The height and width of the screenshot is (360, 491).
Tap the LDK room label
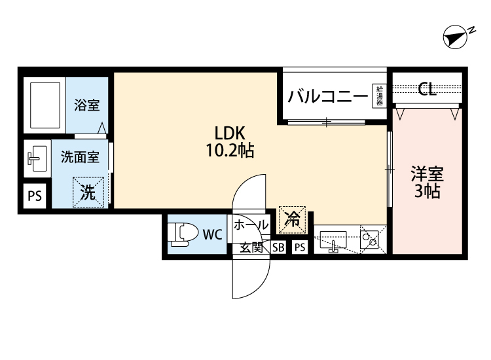pos(230,134)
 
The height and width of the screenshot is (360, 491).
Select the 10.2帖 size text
pos(230,151)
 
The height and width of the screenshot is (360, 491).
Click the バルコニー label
pos(327,96)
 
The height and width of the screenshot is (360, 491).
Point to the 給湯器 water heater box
pos(379,96)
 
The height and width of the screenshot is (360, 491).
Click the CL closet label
pos(427,89)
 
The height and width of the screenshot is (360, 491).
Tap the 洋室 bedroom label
pos(427,174)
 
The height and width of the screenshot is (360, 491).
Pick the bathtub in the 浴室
pos(45,105)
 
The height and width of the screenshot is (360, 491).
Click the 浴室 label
pos(86,105)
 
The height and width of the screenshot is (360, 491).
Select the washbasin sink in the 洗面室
pos(37,158)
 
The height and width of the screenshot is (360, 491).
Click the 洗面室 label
pos(80,157)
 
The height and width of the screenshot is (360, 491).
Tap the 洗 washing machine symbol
pos(88,192)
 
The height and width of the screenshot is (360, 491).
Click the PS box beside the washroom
pos(35,196)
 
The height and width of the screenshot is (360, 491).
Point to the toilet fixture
pos(183,234)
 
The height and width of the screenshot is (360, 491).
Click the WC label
pos(212,234)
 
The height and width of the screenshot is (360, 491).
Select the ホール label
pos(251,225)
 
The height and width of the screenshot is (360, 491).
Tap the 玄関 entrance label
pos(251,247)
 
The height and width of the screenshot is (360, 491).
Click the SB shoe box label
pos(278,247)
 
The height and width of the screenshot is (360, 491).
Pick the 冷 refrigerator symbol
pos(292,219)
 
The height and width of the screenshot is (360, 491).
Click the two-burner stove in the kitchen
pos(369,239)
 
